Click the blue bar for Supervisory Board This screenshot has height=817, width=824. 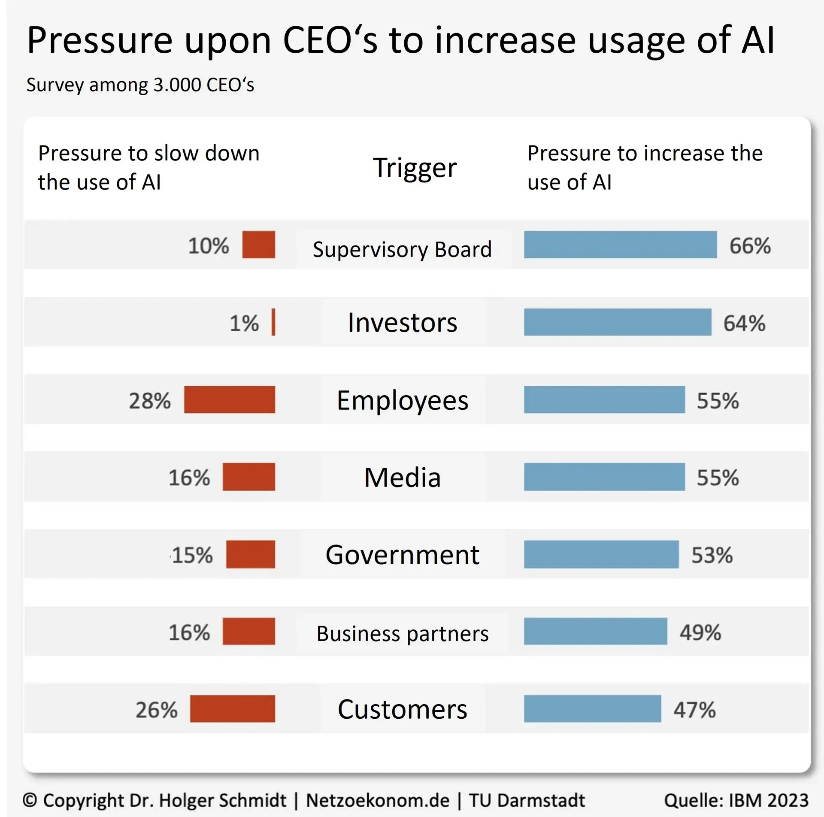point(620,245)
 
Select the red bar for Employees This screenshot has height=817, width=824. point(230,399)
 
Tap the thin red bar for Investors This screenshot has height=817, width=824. point(273,322)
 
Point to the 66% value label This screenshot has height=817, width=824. point(750,246)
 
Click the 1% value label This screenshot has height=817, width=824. point(244,323)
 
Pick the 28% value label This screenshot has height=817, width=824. point(150,401)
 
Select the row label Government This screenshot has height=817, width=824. point(402,554)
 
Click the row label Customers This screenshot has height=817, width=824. point(402,709)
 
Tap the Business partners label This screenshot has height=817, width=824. point(402,633)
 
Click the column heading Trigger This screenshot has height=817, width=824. point(415,167)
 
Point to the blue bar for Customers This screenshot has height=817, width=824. point(592,708)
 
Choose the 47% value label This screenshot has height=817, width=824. point(694,710)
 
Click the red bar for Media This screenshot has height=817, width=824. point(249,477)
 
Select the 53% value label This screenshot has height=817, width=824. point(712,555)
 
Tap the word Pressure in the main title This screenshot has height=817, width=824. point(100,40)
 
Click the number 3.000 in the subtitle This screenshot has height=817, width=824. point(177,85)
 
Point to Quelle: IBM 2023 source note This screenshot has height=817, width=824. point(736,800)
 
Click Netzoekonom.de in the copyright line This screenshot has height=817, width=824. point(378,800)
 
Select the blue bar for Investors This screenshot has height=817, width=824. point(617,322)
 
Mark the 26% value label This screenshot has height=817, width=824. point(156,710)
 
